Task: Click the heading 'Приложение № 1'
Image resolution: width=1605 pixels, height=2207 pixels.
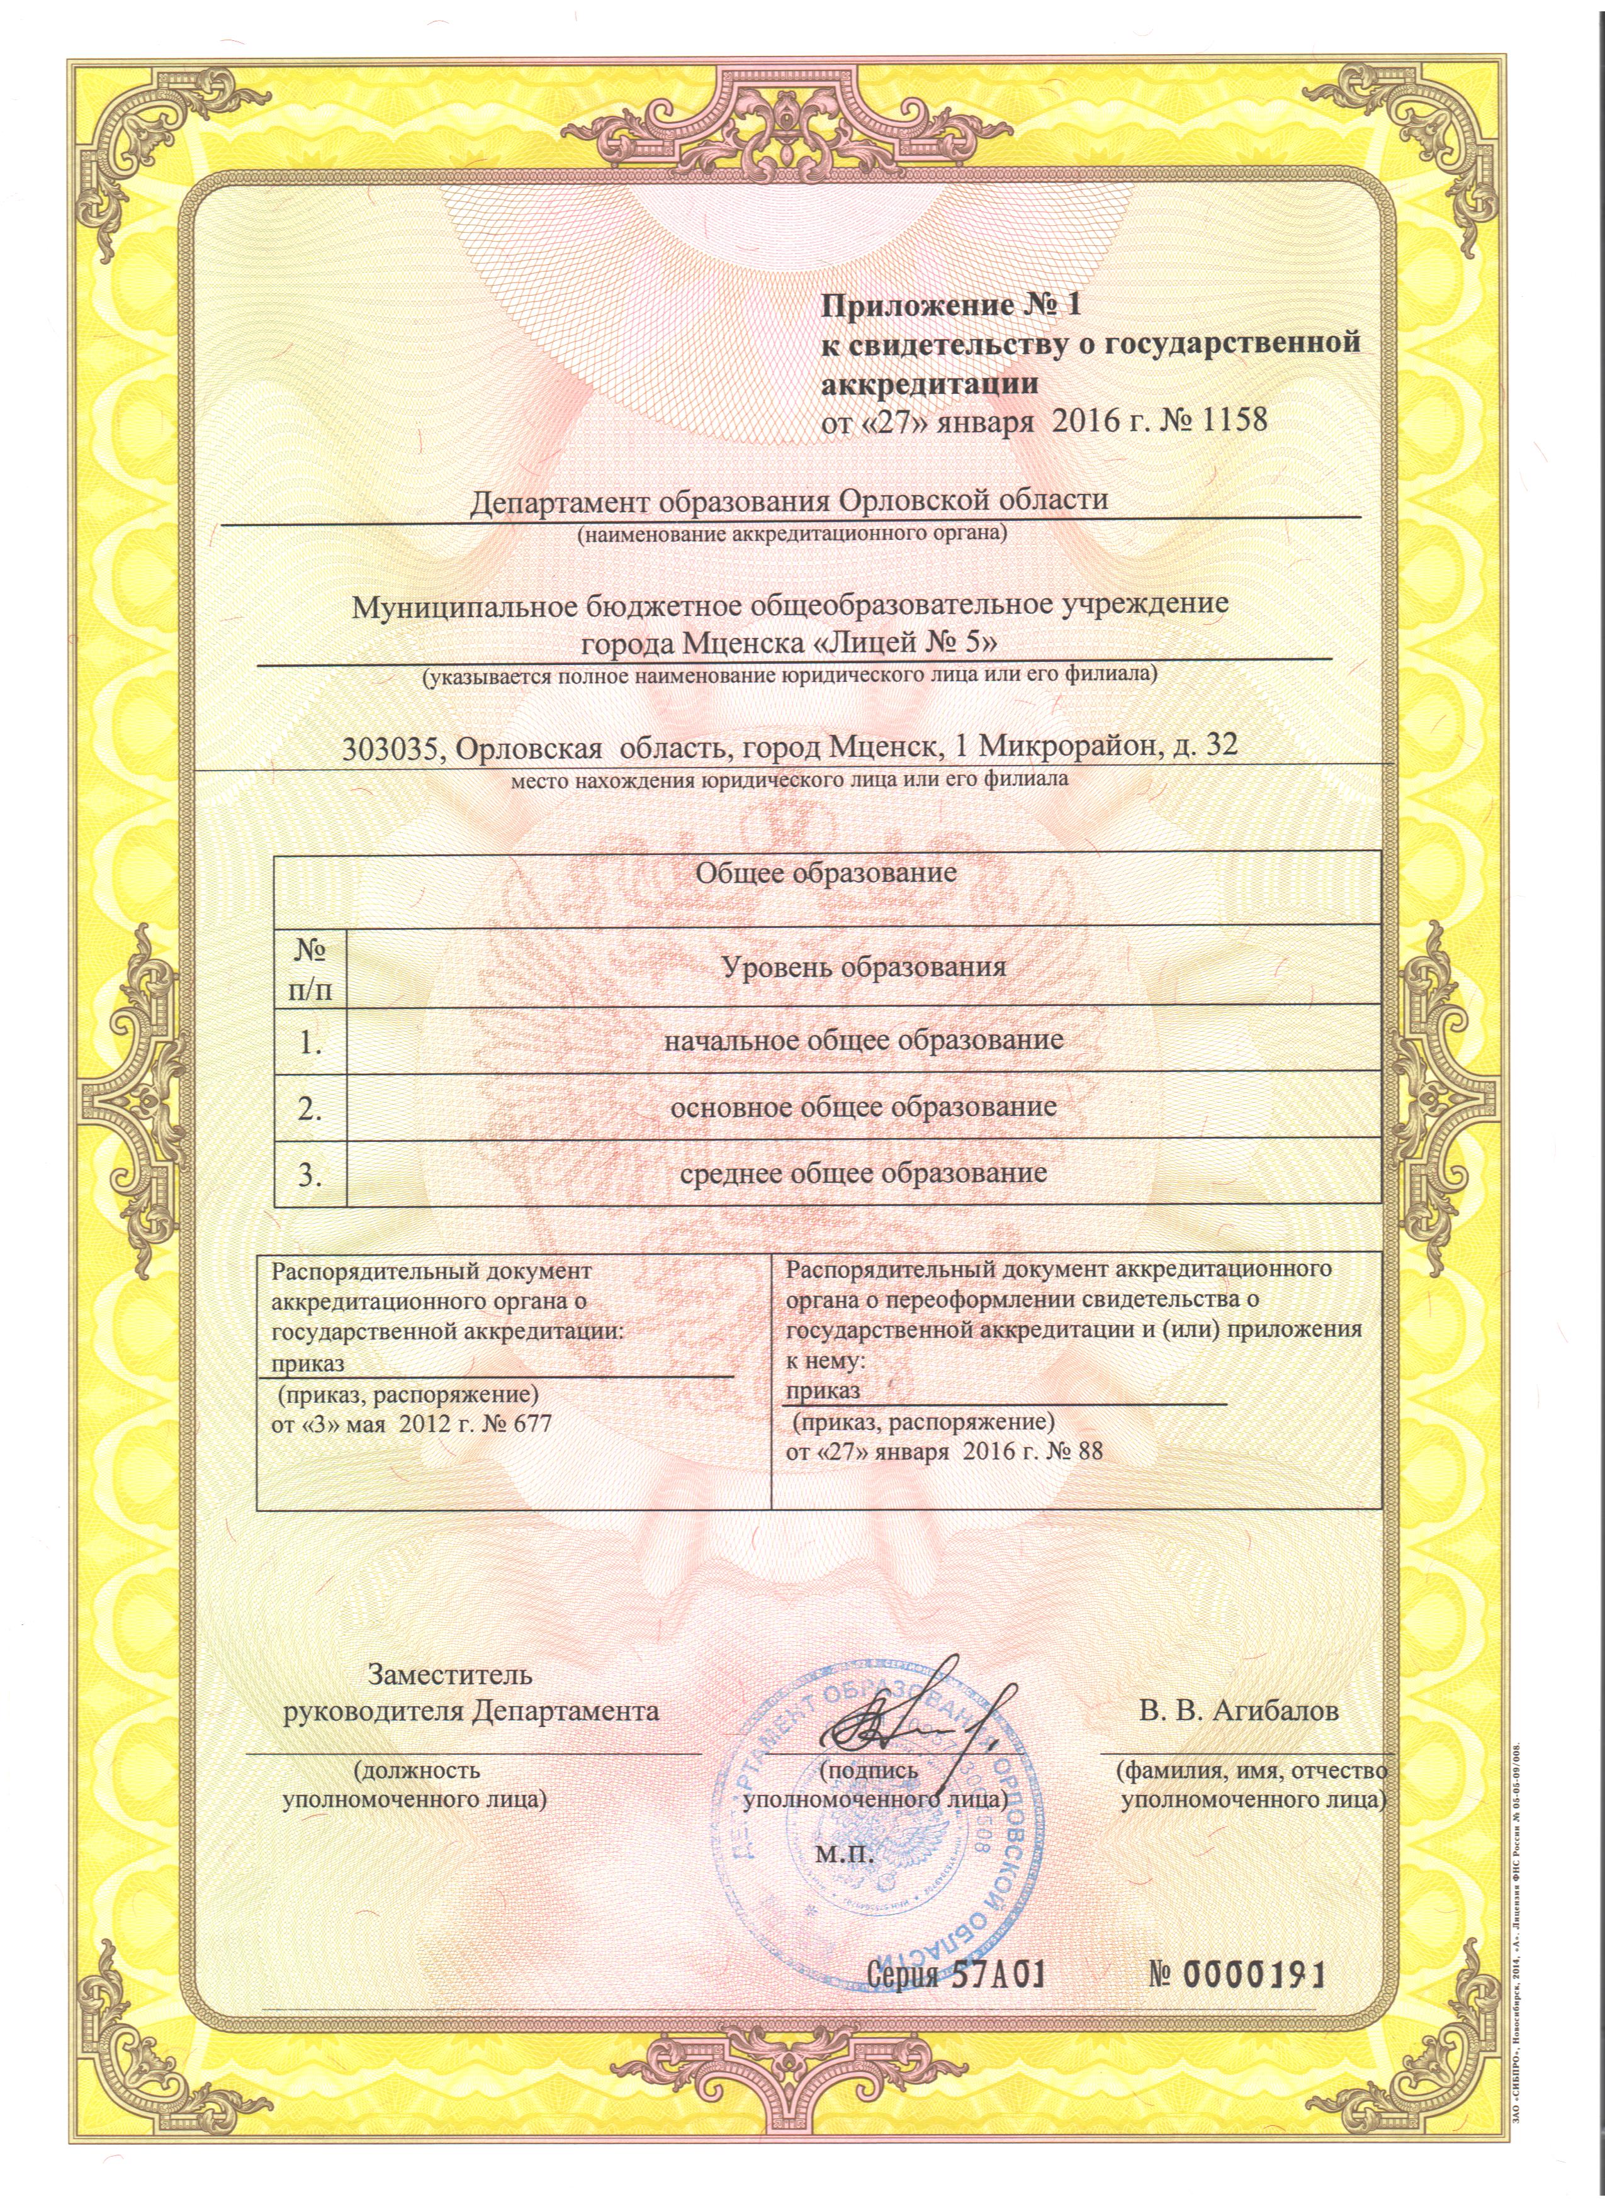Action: click(x=952, y=306)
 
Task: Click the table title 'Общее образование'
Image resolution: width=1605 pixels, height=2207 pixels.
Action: click(x=825, y=873)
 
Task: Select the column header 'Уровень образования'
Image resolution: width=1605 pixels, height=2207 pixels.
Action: click(x=864, y=967)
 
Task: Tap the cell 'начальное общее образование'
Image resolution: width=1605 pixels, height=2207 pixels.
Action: click(x=864, y=1040)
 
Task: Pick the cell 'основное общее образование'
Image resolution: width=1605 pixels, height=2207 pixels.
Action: click(x=864, y=1107)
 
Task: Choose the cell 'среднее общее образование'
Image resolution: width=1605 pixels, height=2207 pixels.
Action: click(x=864, y=1173)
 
